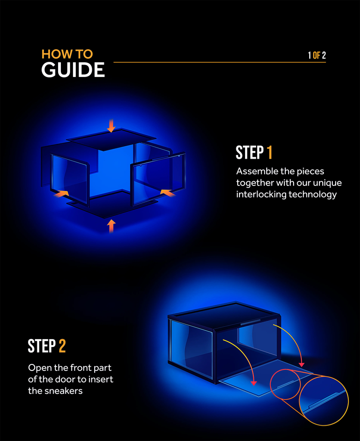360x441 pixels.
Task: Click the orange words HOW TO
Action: tap(67, 54)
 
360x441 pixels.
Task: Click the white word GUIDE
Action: tap(73, 71)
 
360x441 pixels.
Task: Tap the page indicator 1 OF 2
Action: tap(317, 55)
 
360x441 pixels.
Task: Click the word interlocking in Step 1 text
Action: tap(261, 195)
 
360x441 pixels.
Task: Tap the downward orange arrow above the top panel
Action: tap(111, 125)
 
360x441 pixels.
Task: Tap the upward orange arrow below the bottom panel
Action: tap(111, 226)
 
